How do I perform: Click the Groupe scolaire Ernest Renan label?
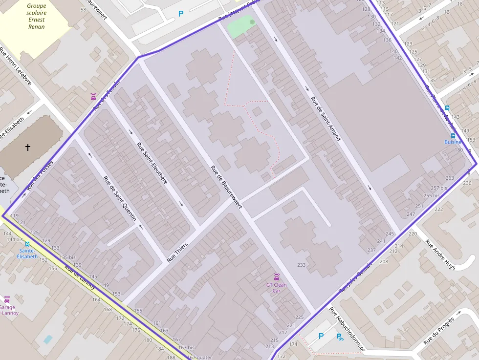pos(36,16)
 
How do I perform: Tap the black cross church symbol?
pos(28,147)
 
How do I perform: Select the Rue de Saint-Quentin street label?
pos(120,198)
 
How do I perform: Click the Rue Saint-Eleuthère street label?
pos(152,163)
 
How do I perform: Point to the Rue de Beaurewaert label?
pos(226,187)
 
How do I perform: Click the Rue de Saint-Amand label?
pos(326,119)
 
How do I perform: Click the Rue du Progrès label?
pos(439,331)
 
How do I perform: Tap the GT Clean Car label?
pos(276,288)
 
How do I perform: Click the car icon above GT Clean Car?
pos(276,277)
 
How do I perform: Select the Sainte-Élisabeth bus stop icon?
pos(27,244)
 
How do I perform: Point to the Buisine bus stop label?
pos(453,142)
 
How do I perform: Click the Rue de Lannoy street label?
pos(80,277)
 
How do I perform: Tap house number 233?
pos(301,265)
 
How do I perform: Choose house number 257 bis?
pos(438,188)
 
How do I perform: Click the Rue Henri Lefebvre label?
pos(16,65)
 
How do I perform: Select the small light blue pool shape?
pos(48,339)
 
